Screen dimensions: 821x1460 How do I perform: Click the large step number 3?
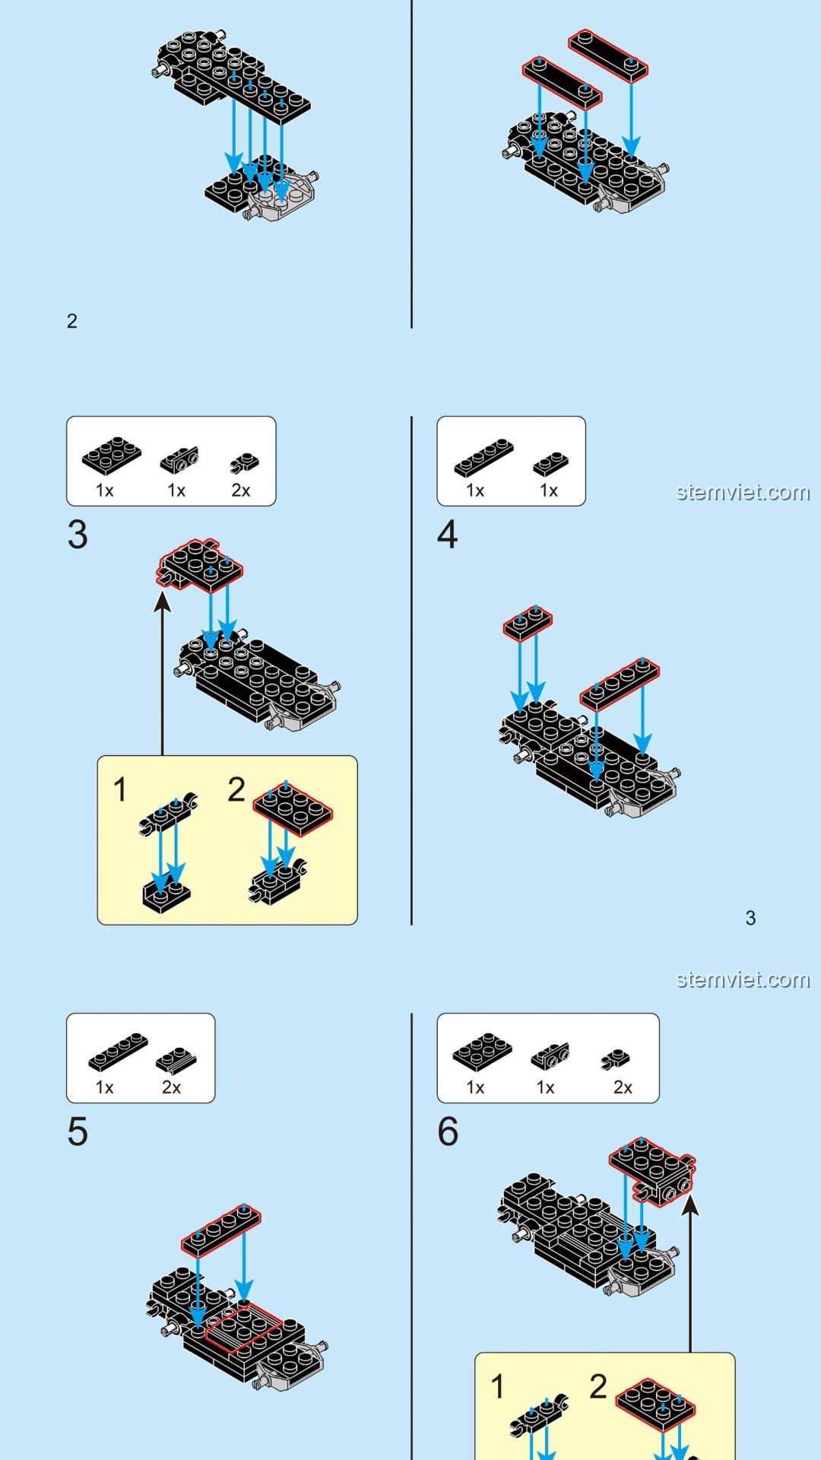coord(78,535)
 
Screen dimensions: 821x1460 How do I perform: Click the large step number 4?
coord(448,535)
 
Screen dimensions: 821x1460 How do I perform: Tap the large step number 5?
coord(78,1131)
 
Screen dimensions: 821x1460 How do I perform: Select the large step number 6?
coord(448,1131)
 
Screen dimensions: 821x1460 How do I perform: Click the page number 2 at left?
coord(72,321)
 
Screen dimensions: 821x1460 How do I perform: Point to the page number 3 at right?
coord(750,918)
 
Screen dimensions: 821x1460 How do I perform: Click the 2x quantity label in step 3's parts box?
coord(241,490)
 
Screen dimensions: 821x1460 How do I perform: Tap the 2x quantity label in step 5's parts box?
coord(172,1087)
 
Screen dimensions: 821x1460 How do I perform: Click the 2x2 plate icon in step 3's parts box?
coord(112,455)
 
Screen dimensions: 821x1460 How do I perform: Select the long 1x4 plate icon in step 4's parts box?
coord(483,457)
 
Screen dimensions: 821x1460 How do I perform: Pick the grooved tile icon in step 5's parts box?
coord(176,1060)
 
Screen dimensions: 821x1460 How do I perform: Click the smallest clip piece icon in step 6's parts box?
coord(616,1058)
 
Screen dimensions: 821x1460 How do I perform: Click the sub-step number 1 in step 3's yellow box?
coord(120,789)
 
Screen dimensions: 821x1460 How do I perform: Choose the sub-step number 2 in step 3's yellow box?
coord(236,789)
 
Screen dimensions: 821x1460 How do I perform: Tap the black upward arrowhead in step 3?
coord(163,601)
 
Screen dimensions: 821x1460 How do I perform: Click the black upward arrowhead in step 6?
coord(690,1205)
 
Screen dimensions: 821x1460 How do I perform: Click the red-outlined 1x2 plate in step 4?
coord(528,624)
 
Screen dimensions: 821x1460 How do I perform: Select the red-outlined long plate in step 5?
coord(221,1229)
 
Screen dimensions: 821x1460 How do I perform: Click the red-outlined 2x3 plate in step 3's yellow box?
coord(293,809)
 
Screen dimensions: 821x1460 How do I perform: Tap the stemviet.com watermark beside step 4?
coord(743,492)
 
